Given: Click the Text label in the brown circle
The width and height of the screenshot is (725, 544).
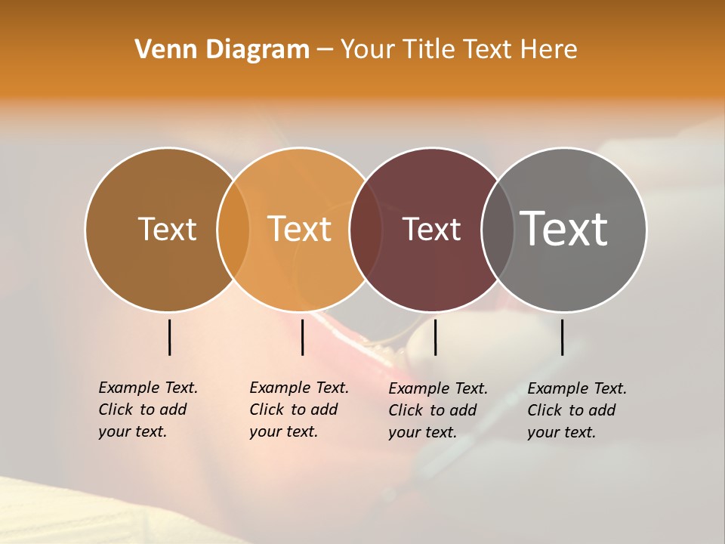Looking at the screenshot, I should click(167, 229).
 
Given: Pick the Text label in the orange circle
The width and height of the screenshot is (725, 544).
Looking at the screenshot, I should click(300, 229).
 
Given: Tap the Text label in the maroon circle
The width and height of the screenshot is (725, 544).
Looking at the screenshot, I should click(431, 229).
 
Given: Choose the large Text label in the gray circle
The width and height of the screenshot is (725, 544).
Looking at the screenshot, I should click(564, 228).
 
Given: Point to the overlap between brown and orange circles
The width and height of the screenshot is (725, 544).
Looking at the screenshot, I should click(233, 230).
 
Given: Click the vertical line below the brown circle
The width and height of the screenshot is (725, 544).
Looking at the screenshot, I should click(170, 337).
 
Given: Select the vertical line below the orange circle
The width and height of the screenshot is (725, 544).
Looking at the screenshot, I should click(302, 337).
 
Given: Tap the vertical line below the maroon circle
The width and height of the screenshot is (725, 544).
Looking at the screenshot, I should click(435, 337).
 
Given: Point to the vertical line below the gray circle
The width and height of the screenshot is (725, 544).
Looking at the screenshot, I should click(563, 337).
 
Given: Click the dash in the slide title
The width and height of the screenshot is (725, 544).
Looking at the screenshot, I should click(325, 50).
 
